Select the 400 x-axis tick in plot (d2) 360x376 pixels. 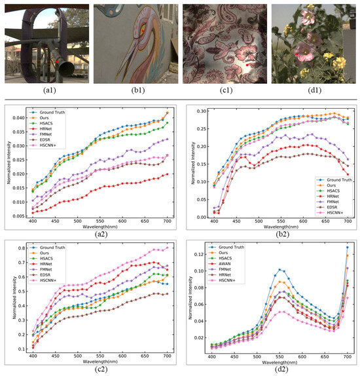pos(212,357)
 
